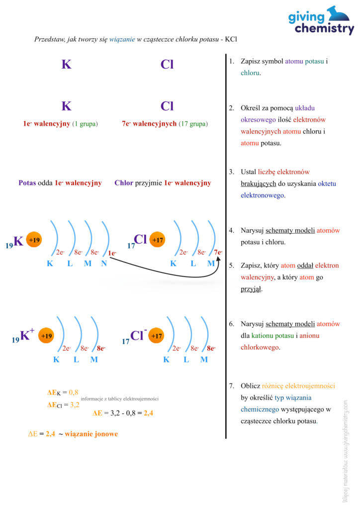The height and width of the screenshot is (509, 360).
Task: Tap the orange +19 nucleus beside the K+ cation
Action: tap(46, 336)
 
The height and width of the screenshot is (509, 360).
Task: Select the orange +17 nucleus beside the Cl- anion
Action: tap(157, 336)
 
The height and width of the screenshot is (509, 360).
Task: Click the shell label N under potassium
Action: tap(104, 263)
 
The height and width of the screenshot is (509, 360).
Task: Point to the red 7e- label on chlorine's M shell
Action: tap(218, 253)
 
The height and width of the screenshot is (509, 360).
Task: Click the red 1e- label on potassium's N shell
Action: tap(112, 254)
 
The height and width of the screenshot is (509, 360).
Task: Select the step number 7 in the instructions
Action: tap(231, 386)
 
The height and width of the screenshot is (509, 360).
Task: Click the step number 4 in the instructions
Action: tap(231, 231)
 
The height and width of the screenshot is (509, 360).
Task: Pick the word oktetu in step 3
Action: tap(327, 183)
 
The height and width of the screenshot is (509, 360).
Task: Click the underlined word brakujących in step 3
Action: tap(259, 183)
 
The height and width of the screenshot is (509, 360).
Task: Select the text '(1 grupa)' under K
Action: tap(85, 124)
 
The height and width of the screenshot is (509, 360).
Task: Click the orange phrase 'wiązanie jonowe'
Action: tap(91, 434)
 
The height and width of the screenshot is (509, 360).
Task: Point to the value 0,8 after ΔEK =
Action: tap(74, 392)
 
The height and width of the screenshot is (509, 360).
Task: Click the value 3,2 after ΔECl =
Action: tap(75, 405)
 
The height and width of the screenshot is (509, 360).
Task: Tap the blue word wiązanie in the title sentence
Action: tap(122, 39)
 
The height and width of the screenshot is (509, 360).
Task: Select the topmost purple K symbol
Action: tap(67, 65)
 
